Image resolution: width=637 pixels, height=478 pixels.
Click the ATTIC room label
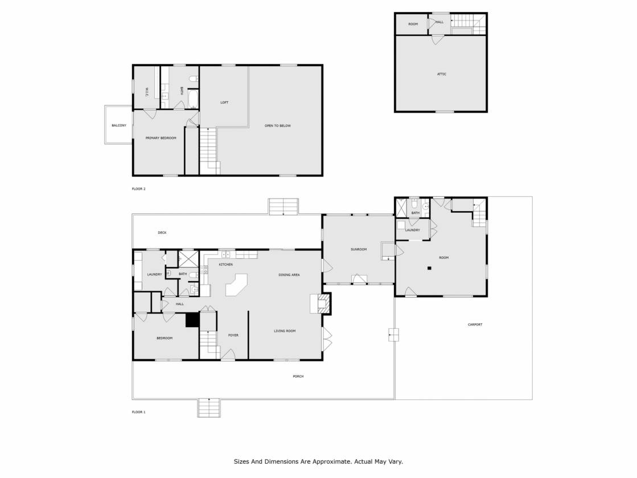(x=442, y=74)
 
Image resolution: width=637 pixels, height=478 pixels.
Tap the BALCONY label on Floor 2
(x=119, y=126)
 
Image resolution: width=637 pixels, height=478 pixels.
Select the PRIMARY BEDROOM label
(x=161, y=138)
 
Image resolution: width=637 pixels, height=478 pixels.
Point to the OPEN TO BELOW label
(x=278, y=126)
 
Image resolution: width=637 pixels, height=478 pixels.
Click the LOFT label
(x=224, y=102)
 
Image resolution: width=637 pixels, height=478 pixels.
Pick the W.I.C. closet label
(x=147, y=92)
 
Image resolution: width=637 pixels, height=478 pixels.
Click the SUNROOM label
(x=359, y=249)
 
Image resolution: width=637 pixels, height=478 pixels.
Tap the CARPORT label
(x=475, y=324)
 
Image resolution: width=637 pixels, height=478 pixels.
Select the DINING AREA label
(x=289, y=275)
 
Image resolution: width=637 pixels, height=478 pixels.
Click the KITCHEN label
(x=226, y=265)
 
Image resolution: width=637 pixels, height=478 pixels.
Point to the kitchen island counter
(x=236, y=285)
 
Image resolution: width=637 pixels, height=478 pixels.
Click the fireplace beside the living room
(x=321, y=304)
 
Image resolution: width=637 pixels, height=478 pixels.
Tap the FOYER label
(x=233, y=335)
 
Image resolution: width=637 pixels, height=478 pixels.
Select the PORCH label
(x=298, y=377)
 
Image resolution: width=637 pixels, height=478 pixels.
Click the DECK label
(x=162, y=233)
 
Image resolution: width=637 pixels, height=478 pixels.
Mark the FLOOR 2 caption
(x=138, y=189)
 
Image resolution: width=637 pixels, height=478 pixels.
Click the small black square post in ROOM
(x=429, y=268)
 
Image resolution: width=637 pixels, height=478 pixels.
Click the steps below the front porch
(x=209, y=408)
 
